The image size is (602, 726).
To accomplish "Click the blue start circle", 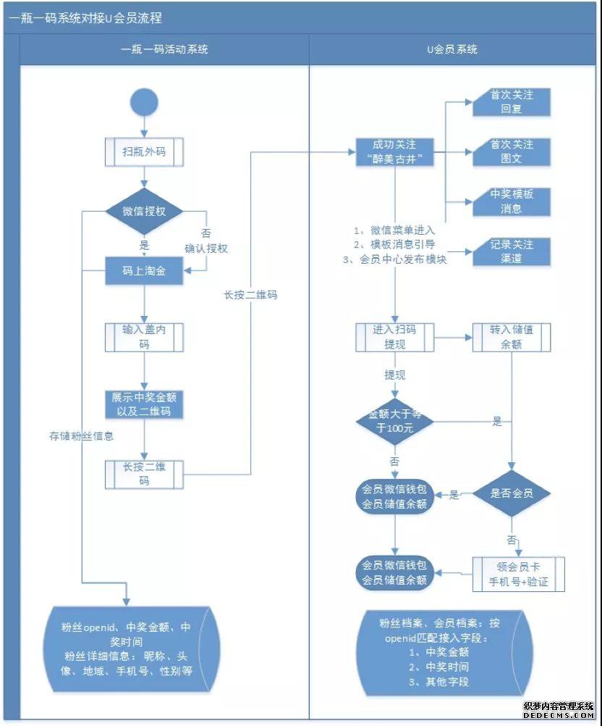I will (145, 101).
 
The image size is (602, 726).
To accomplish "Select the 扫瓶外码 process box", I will (145, 152).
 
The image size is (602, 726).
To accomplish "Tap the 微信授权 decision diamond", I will (145, 212).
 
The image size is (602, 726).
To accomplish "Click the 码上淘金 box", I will (145, 270).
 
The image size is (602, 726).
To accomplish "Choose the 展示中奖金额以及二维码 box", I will (145, 405).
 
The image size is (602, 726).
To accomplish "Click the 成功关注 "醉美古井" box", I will (394, 151).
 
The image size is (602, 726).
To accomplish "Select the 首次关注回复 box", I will (512, 102).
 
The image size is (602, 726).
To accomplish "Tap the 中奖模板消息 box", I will (512, 201).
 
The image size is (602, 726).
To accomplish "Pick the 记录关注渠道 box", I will (512, 251).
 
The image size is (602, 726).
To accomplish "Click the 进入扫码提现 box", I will (394, 337).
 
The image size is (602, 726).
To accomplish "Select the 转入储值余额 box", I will (512, 337).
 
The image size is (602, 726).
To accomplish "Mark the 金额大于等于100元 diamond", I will (394, 421).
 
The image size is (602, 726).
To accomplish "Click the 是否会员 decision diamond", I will (512, 494).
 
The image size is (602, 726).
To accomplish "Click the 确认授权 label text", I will (206, 249).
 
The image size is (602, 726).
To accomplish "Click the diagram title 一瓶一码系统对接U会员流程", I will (85, 18).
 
